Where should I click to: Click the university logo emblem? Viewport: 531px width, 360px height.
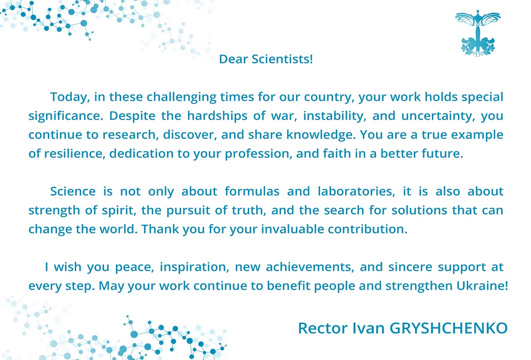(x=477, y=33)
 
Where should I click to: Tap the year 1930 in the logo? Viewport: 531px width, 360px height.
(x=477, y=54)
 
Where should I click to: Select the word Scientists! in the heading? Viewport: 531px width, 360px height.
(x=282, y=59)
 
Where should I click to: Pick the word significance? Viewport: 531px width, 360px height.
(x=65, y=116)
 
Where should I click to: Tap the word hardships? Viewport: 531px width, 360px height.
(x=217, y=116)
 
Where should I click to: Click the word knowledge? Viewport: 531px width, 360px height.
(x=321, y=135)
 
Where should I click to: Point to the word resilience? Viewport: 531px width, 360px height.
(x=74, y=153)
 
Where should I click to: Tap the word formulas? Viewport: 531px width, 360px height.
(x=252, y=191)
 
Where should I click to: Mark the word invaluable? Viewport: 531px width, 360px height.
(x=292, y=229)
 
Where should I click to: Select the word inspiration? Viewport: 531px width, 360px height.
(x=194, y=267)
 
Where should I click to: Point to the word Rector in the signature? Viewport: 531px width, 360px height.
(x=323, y=328)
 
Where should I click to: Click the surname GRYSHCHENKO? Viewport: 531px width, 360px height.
(x=449, y=328)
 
